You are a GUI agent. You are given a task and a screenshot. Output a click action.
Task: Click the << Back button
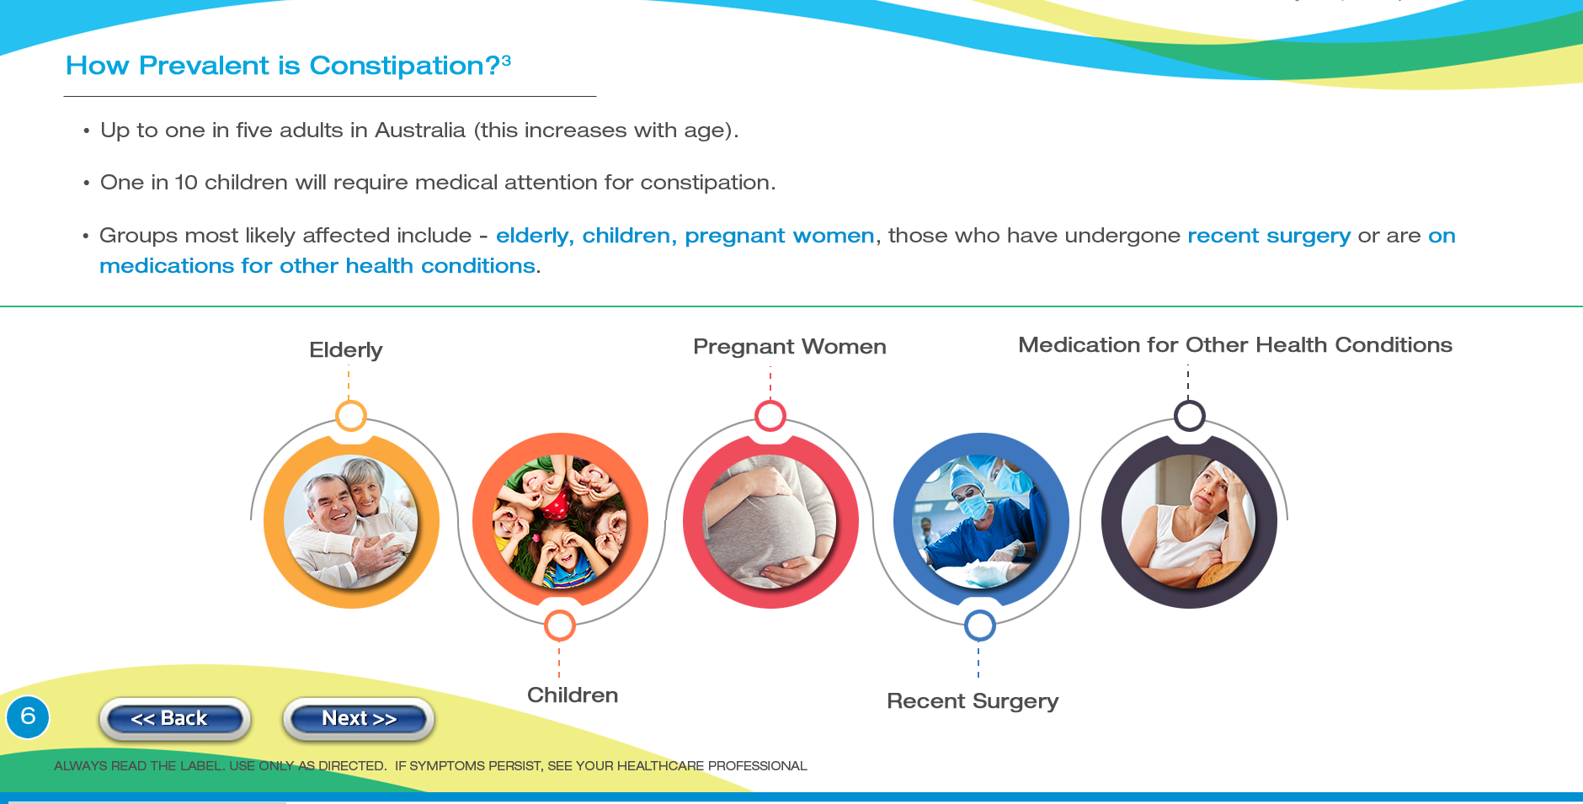(x=174, y=719)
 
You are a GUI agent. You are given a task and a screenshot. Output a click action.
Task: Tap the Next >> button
(x=359, y=719)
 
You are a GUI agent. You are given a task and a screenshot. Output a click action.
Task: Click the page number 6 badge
(x=28, y=717)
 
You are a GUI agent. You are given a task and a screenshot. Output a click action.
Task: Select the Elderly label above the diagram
(x=345, y=350)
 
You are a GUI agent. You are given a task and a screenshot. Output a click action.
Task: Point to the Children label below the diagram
(x=573, y=695)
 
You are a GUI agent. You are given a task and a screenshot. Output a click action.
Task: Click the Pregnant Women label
(x=790, y=347)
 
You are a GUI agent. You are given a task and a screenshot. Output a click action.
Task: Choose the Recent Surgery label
(x=973, y=701)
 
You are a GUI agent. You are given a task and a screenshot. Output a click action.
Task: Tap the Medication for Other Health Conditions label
(x=1235, y=345)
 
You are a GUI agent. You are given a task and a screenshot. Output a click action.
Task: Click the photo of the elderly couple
(x=351, y=521)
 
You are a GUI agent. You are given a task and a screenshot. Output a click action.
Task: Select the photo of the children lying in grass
(x=560, y=521)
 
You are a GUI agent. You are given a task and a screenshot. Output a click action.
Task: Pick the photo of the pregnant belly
(x=770, y=521)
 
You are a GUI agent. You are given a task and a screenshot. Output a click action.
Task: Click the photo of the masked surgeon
(x=981, y=521)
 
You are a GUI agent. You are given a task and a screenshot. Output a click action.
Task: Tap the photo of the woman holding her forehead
(x=1189, y=521)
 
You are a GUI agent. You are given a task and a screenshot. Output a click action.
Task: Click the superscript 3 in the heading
(x=506, y=60)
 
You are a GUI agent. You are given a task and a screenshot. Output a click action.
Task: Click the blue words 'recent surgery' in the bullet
(x=1269, y=236)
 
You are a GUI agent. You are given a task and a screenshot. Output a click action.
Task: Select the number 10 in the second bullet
(x=186, y=183)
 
